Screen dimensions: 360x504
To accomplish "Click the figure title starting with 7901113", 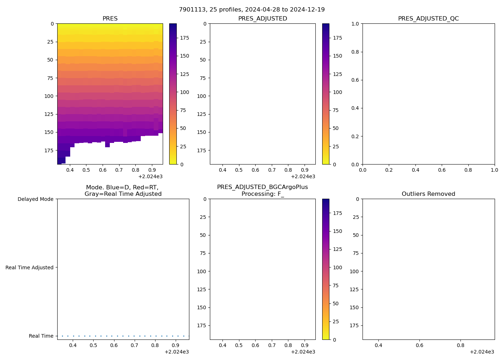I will (x=252, y=9).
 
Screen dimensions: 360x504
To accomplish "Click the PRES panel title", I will (x=110, y=18).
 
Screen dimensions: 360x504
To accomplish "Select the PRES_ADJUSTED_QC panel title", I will (x=428, y=18).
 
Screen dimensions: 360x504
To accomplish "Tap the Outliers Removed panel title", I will (x=428, y=194).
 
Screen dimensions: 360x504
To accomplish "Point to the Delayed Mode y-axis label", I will (x=35, y=199).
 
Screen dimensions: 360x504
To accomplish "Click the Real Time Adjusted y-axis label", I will (x=29, y=267).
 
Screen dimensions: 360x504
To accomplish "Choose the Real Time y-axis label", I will (x=41, y=336).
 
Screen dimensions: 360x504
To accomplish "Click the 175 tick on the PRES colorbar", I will (x=184, y=38).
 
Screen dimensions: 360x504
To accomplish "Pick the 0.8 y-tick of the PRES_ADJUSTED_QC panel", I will (x=355, y=52).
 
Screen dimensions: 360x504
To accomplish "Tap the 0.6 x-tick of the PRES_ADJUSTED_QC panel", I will (x=442, y=170).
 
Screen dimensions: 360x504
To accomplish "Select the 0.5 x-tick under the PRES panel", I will (x=86, y=170).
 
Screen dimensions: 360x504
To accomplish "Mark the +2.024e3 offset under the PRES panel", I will (x=150, y=176).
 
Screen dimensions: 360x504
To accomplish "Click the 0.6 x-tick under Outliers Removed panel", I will (x=419, y=345).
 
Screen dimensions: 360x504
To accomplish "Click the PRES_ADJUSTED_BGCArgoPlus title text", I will (x=262, y=187).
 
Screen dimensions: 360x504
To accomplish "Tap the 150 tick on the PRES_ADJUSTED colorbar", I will (x=337, y=56).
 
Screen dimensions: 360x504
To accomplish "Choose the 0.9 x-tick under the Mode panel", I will (x=176, y=345).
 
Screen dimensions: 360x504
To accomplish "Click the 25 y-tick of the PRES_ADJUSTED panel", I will (x=203, y=42).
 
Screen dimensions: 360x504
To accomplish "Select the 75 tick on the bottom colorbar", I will (x=336, y=285).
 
